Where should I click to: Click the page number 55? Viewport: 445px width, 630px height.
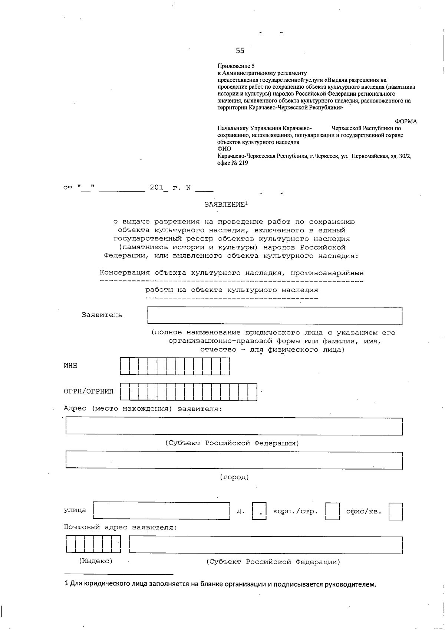240,50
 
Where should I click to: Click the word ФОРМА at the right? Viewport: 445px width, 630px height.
406,121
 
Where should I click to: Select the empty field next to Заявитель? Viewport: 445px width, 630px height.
275,316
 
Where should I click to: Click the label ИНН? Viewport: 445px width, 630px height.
70,366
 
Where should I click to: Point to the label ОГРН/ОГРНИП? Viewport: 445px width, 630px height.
89,391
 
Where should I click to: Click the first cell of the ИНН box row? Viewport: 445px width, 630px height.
125,366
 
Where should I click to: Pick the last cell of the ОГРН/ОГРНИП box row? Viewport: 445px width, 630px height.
252,392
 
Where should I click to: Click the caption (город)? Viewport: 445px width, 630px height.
234,477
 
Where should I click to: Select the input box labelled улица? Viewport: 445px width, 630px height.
162,510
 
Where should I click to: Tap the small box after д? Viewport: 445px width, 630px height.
259,511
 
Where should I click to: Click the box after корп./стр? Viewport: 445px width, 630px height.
332,511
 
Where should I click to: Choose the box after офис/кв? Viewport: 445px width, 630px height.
396,511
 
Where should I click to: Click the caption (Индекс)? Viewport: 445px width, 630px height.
96,561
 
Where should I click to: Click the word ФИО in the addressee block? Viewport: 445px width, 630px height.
224,149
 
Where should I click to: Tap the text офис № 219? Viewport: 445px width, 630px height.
233,163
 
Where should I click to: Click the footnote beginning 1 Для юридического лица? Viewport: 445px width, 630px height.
220,584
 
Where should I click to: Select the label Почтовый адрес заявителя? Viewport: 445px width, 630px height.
120,527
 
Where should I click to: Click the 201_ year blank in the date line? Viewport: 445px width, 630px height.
159,187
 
